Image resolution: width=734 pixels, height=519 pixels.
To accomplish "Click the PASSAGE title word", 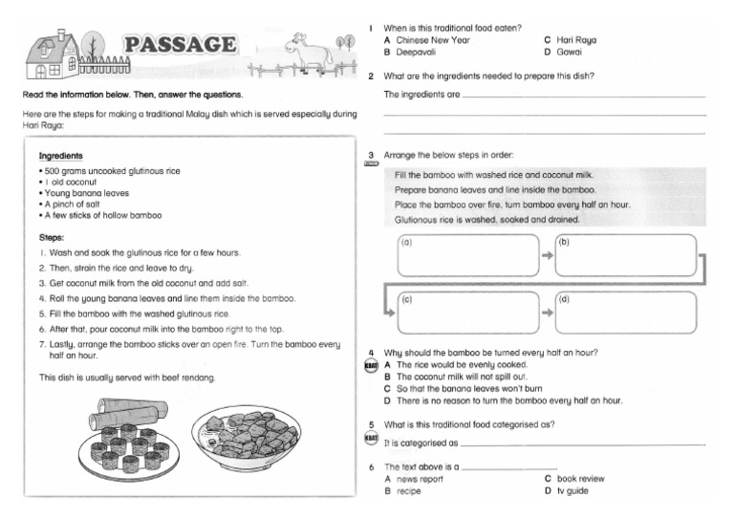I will [x=181, y=46].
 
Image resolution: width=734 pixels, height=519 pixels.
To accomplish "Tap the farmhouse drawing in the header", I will [x=56, y=54].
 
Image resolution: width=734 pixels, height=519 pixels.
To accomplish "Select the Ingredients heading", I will [x=60, y=156].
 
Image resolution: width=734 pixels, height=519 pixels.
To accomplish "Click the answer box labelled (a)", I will [x=467, y=255].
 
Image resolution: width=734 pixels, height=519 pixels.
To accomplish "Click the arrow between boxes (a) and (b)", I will [x=547, y=255].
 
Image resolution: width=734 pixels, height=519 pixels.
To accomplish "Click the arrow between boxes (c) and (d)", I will [x=547, y=313].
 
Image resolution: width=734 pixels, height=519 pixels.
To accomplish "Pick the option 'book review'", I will [x=580, y=478].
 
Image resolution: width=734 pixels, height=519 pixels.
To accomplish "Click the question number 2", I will [x=370, y=76].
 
